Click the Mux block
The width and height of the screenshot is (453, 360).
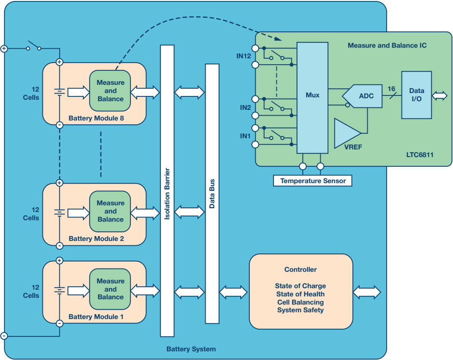coord(312,98)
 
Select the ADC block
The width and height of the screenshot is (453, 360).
coord(363,96)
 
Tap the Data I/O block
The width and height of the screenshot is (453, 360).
coord(416,95)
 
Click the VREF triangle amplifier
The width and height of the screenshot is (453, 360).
coord(347,133)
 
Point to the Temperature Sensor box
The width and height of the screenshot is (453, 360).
coord(312,181)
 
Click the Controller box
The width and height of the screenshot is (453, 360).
coord(301,292)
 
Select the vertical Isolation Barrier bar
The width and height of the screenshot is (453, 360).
coord(167,191)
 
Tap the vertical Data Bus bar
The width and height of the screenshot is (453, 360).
coord(212,194)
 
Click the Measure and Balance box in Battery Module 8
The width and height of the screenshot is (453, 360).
coord(110,91)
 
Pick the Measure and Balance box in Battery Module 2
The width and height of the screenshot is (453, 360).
coord(110,212)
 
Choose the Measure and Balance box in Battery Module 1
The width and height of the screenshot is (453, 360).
coord(110,289)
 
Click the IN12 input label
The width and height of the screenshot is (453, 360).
coord(244,56)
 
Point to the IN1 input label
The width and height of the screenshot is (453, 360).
coord(245,136)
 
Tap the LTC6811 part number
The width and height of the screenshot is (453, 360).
coord(420,155)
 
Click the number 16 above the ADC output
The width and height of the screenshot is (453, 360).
coord(391,89)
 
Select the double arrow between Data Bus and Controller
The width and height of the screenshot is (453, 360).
coord(233,292)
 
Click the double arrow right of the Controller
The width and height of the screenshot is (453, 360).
coord(367,292)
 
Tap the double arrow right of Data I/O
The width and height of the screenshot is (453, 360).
coord(440,96)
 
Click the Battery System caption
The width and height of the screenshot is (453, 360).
coord(191,349)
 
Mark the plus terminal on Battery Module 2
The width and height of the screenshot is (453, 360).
coord(60,183)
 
